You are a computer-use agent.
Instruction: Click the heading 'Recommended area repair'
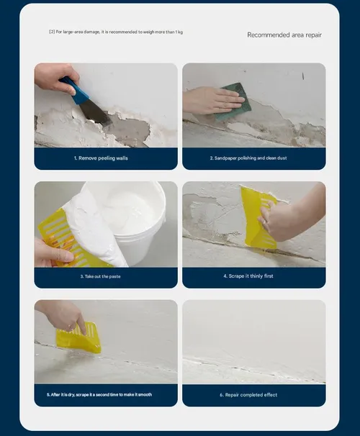pyautogui.click(x=284, y=35)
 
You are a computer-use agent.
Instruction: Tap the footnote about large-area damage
pyautogui.click(x=116, y=32)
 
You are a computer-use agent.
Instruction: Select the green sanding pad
pyautogui.click(x=235, y=101)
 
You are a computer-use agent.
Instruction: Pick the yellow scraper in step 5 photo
pyautogui.click(x=78, y=337)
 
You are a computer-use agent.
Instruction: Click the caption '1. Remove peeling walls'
pyautogui.click(x=101, y=158)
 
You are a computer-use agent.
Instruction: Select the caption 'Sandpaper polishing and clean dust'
pyautogui.click(x=248, y=158)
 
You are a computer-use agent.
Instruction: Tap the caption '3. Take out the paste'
pyautogui.click(x=100, y=276)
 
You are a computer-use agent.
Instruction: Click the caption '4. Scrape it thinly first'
pyautogui.click(x=248, y=276)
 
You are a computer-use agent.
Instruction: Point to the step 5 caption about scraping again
pyautogui.click(x=99, y=394)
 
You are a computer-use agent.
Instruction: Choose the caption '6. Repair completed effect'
pyautogui.click(x=248, y=395)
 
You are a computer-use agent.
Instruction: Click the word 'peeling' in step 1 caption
pyautogui.click(x=107, y=158)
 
